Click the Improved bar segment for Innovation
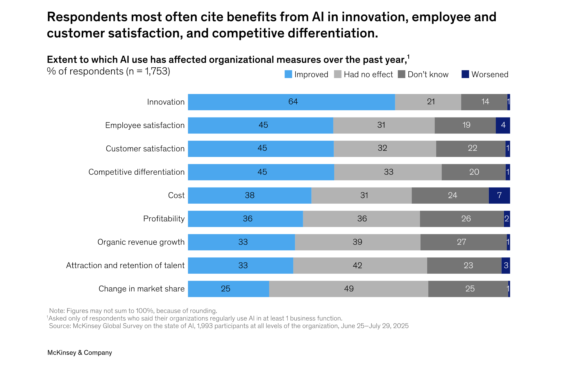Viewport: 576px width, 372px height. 291,102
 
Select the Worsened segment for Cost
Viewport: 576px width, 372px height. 499,195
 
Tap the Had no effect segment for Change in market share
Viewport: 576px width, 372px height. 348,289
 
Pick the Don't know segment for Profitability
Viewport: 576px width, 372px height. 461,219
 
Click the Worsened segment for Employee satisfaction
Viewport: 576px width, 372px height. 503,125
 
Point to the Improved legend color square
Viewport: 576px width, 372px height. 288,74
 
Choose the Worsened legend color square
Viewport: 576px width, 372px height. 465,74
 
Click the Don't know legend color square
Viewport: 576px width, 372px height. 401,74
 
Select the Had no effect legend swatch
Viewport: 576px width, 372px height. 338,74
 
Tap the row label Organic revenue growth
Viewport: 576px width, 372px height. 141,242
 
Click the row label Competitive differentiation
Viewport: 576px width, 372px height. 136,172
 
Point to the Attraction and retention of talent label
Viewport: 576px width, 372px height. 125,266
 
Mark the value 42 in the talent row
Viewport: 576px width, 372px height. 357,266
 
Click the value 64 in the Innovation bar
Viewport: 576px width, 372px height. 293,102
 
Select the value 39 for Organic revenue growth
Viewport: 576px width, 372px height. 357,242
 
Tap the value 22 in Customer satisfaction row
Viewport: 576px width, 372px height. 472,148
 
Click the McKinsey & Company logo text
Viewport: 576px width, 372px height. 80,353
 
